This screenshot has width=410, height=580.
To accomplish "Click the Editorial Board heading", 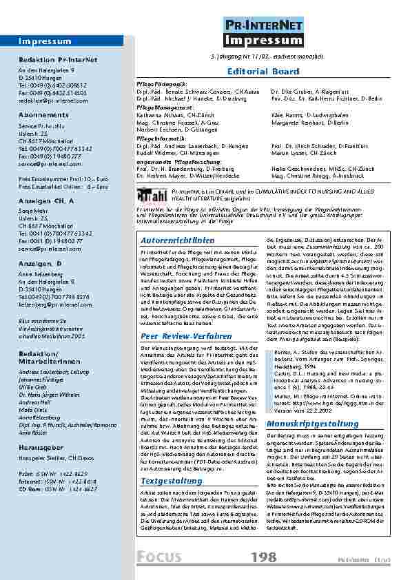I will pyautogui.click(x=253, y=71).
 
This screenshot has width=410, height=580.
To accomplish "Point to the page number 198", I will pyautogui.click(x=264, y=557).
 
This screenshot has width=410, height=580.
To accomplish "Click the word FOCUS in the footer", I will pyautogui.click(x=158, y=556).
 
